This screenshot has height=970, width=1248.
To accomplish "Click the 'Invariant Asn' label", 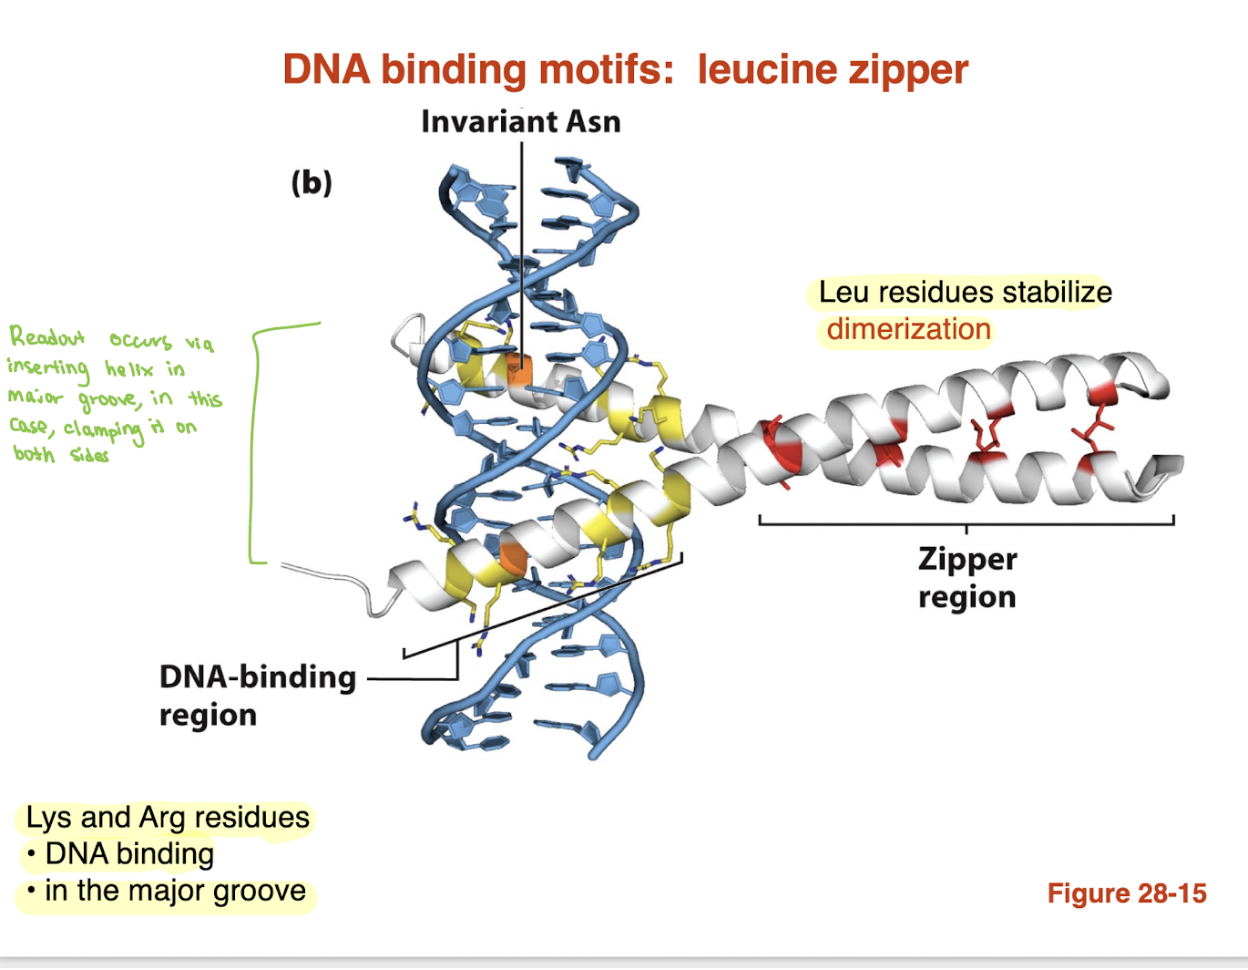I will pos(520,121).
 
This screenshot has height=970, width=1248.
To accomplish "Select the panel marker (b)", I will pos(312,182).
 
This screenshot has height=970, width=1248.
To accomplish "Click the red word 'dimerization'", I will pos(908,329).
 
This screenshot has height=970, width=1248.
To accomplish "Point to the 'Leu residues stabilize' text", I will pos(965,292).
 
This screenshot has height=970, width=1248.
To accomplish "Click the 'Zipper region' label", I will pos(967,577).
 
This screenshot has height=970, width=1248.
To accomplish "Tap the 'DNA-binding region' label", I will pos(257,695).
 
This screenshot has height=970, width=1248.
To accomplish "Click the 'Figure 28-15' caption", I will pos(1126,893).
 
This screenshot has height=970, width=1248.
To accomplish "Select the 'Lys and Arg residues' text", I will pos(168,817).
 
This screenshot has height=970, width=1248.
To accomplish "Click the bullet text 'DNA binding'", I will pos(129,854).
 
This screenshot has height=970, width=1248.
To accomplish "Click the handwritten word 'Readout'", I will pos(46,336).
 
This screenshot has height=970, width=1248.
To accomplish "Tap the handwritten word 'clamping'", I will pos(103,429).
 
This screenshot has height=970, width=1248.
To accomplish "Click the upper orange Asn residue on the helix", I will pos(517,370).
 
